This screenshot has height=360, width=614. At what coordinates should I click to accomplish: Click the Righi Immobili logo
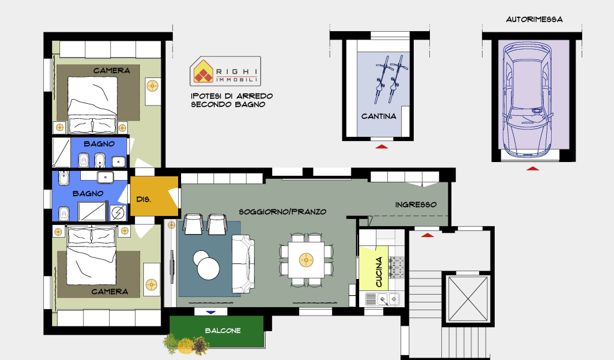pyautogui.click(x=225, y=71)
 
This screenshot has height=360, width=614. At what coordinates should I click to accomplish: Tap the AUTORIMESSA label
pyautogui.click(x=534, y=19)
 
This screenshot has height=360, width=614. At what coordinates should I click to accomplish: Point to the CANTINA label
pyautogui.click(x=379, y=116)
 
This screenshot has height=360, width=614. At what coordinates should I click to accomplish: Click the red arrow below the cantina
pyautogui.click(x=382, y=146)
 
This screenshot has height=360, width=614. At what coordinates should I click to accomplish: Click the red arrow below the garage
pyautogui.click(x=532, y=169)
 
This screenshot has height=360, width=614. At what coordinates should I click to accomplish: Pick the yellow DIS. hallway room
pyautogui.click(x=154, y=196)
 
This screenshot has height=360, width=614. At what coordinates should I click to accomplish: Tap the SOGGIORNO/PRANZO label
pyautogui.click(x=282, y=212)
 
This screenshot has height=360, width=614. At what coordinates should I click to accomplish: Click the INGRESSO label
pyautogui.click(x=416, y=205)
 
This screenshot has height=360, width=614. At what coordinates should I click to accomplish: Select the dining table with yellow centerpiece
pyautogui.click(x=306, y=260)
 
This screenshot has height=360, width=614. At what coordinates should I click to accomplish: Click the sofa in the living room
pyautogui.click(x=243, y=263)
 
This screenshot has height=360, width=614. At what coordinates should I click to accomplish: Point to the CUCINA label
pyautogui.click(x=379, y=272)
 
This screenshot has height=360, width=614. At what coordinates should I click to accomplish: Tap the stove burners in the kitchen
pyautogui.click(x=396, y=268)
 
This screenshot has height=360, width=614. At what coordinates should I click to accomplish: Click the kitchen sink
pyautogui.click(x=382, y=299)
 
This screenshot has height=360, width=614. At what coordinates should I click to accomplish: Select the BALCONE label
pyautogui.click(x=223, y=331)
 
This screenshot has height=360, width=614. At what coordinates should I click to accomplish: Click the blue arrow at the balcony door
pyautogui.click(x=211, y=312)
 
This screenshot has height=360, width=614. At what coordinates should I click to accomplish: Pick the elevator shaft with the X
pyautogui.click(x=468, y=299)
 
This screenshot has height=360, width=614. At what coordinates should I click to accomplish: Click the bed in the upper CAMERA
pyautogui.click(x=92, y=104)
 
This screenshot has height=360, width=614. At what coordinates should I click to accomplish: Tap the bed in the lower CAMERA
pyautogui.click(x=91, y=255)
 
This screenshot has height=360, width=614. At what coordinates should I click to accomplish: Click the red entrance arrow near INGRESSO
pyautogui.click(x=427, y=235)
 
